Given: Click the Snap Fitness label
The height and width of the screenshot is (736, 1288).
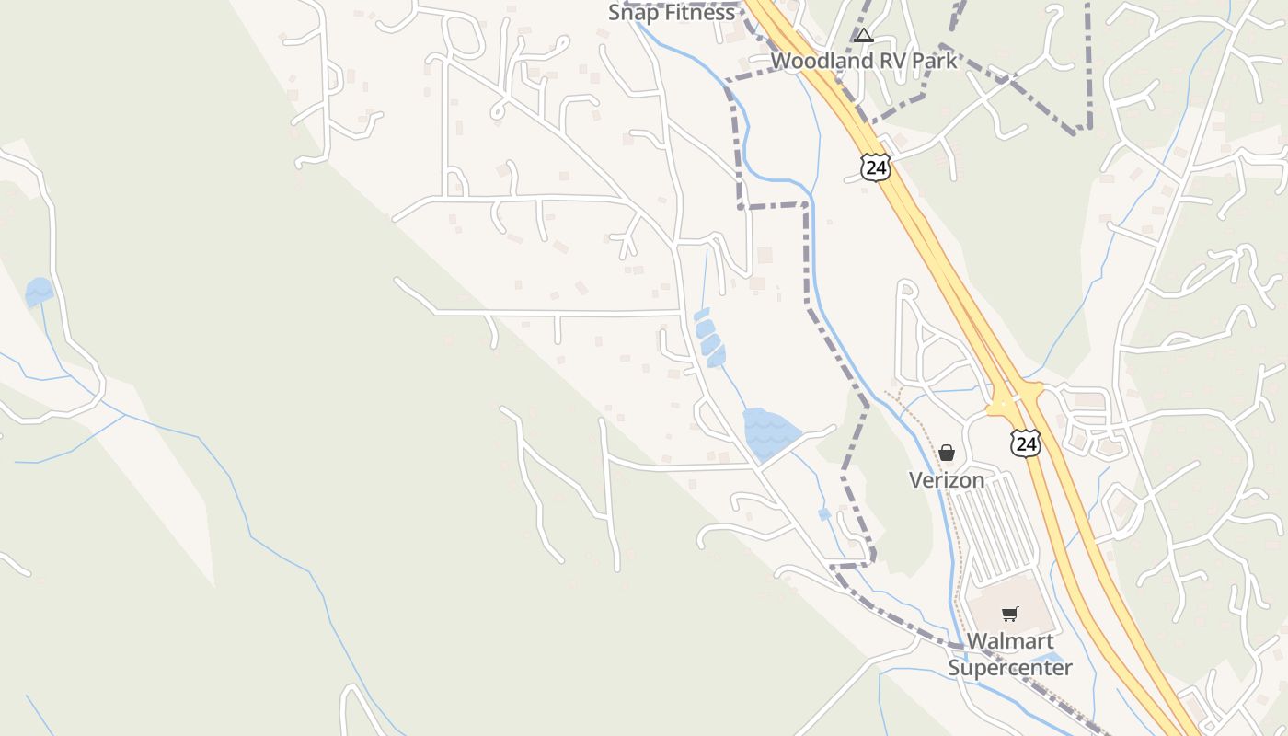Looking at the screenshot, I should pyautogui.click(x=672, y=13).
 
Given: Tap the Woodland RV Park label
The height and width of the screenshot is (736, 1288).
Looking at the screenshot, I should pyautogui.click(x=864, y=61).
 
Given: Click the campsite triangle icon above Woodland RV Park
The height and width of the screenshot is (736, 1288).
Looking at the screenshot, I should pyautogui.click(x=863, y=36).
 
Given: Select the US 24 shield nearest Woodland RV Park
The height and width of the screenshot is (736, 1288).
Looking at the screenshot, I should pyautogui.click(x=876, y=167).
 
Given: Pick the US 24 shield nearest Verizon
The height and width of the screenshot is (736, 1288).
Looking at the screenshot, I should pyautogui.click(x=1025, y=443).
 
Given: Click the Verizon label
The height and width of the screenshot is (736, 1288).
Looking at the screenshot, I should pyautogui.click(x=947, y=479).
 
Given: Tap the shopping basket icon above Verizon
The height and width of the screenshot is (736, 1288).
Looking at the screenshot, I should pyautogui.click(x=947, y=453).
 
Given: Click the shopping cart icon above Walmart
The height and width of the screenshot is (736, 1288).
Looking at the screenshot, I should pyautogui.click(x=1010, y=614).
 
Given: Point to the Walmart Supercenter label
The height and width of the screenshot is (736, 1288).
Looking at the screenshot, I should pyautogui.click(x=1010, y=654).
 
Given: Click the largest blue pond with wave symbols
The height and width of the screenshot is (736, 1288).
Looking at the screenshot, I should pyautogui.click(x=769, y=432).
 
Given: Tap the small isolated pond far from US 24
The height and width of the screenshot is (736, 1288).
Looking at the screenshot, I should pyautogui.click(x=40, y=292).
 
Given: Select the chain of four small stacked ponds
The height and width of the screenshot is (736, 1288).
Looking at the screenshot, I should pyautogui.click(x=708, y=337).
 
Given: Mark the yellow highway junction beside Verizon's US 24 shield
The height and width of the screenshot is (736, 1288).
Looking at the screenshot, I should pyautogui.click(x=1015, y=402).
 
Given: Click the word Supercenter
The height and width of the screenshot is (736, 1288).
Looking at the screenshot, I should pyautogui.click(x=1010, y=668).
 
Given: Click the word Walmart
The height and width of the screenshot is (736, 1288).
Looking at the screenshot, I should pyautogui.click(x=1009, y=640).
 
